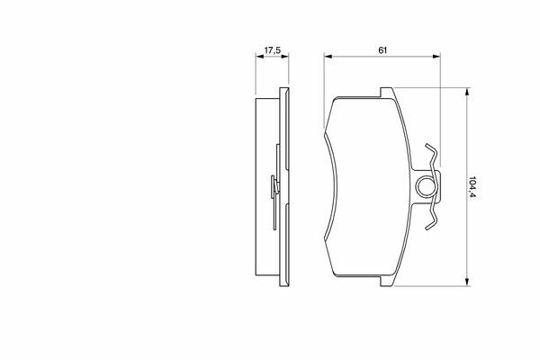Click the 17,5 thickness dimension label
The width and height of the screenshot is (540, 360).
pyautogui.click(x=273, y=50)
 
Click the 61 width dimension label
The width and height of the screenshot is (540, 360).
pyautogui.click(x=382, y=50)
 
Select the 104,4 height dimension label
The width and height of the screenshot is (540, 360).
pyautogui.click(x=472, y=187)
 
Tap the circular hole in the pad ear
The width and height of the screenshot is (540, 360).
pyautogui.click(x=427, y=186)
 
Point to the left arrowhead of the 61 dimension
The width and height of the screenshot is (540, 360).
pyautogui.click(x=328, y=56)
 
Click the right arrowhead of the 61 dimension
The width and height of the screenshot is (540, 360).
pyautogui.click(x=436, y=56)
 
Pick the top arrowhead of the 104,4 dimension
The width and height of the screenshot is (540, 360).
pyautogui.click(x=467, y=92)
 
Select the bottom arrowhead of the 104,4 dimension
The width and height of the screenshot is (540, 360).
pyautogui.click(x=467, y=282)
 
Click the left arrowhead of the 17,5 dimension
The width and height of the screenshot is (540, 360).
pyautogui.click(x=259, y=56)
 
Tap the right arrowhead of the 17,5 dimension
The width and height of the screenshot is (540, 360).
pyautogui.click(x=284, y=56)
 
